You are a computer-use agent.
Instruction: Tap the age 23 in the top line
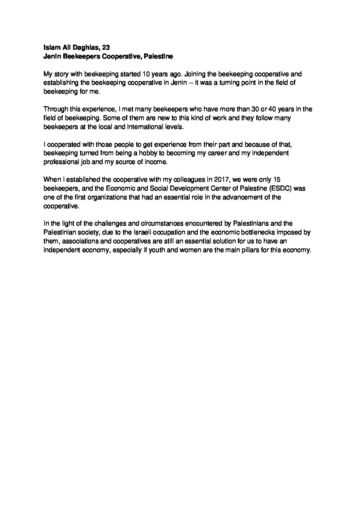(105, 48)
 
